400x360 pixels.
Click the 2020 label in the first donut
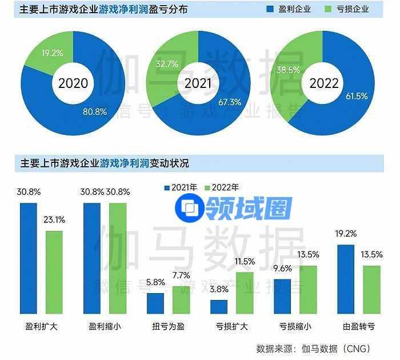click(73, 83)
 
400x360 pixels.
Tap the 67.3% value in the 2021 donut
click(229, 102)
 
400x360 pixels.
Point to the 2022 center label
click(324, 83)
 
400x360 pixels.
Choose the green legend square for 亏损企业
click(327, 9)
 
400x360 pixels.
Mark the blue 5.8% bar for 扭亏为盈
click(155, 303)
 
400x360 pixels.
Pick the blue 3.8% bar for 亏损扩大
click(219, 307)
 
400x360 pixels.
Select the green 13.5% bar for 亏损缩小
click(308, 290)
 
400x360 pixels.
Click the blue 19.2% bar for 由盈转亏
click(346, 279)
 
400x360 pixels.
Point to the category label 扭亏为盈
click(168, 327)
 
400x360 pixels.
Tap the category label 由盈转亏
click(358, 327)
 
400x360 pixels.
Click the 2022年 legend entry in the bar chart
click(225, 187)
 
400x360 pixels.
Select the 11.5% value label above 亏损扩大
click(245, 262)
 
